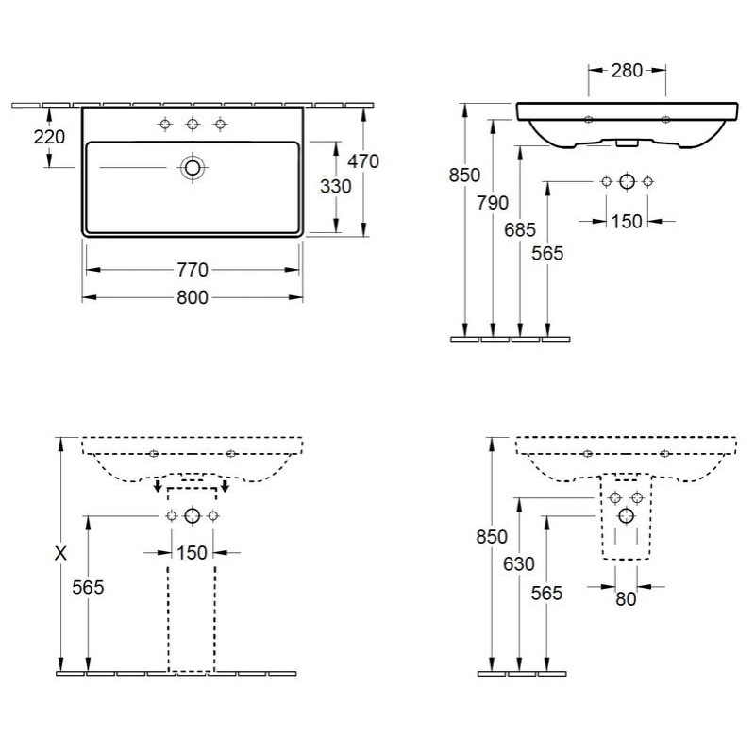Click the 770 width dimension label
193,270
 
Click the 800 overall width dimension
193,297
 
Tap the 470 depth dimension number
363,161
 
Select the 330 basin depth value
336,186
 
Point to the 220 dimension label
49,137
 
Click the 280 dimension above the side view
627,71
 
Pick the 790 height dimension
493,203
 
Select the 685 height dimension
520,230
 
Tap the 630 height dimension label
519,563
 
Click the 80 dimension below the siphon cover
626,599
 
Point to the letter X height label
60,554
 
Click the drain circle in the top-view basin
193,168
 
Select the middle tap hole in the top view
193,125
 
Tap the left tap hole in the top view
165,125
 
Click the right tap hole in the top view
220,125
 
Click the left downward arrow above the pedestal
158,486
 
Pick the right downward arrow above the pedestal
225,486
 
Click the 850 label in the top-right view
464,176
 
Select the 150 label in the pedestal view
192,553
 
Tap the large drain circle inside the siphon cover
627,515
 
